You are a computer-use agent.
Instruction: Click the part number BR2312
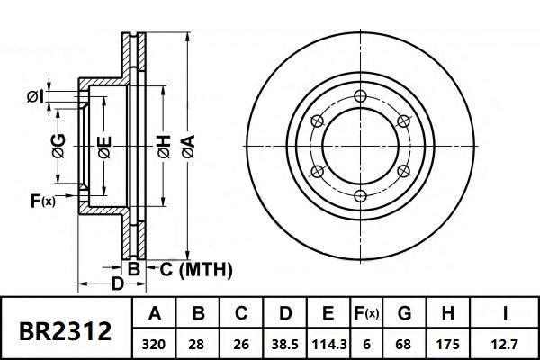coord(66,330)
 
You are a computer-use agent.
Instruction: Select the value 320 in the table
coord(155,343)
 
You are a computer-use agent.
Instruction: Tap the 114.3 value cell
coord(328,343)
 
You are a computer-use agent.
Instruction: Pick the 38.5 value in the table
coord(284,343)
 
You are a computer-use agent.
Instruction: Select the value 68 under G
coord(404,343)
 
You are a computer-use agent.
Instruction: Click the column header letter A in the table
coord(155,313)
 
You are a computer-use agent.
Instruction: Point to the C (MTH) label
coord(196,268)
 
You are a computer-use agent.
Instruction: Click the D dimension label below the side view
coord(116,284)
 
